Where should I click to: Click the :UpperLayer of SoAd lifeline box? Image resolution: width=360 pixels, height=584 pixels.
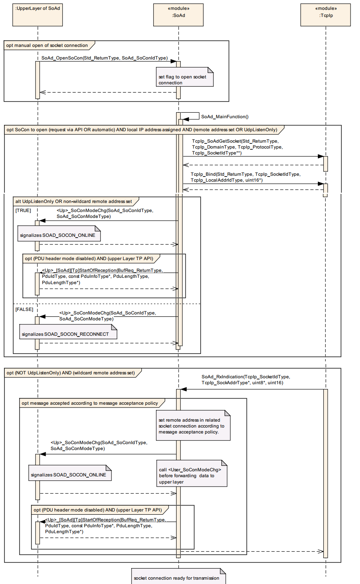[38, 15]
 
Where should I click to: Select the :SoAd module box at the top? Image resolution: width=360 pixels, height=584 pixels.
[178, 15]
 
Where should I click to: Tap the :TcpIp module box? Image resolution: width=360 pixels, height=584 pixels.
[326, 15]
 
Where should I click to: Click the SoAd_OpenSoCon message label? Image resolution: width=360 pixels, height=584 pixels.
[104, 58]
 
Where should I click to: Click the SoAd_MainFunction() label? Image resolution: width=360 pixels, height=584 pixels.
[225, 117]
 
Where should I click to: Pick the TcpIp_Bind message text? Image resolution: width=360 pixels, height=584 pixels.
[245, 177]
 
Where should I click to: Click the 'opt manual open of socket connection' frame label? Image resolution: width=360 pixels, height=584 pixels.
[47, 45]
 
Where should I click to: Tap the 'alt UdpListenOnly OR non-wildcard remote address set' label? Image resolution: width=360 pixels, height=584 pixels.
[74, 201]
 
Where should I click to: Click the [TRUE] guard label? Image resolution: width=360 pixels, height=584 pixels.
[23, 210]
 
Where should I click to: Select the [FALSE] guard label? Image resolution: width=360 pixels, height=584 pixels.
[24, 309]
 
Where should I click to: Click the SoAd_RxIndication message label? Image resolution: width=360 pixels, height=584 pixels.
[246, 379]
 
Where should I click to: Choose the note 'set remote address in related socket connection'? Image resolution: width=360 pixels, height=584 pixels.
[193, 426]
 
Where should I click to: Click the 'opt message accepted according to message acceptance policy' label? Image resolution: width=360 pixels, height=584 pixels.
[90, 403]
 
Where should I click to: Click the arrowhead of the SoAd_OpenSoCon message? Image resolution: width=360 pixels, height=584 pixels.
[173, 61]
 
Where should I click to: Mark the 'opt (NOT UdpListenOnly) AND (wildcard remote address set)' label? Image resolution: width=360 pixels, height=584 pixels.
[71, 373]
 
